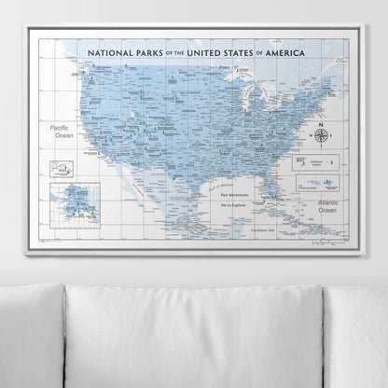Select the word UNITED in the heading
(209, 55)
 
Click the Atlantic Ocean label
(321, 207)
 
